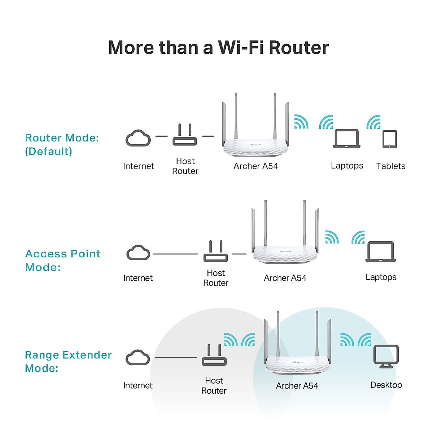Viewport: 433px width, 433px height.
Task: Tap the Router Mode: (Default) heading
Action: tap(62, 144)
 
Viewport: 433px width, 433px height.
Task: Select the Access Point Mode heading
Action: tap(63, 260)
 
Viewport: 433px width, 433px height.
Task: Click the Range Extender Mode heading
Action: tap(68, 361)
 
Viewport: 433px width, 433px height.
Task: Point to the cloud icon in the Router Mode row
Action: tap(138, 138)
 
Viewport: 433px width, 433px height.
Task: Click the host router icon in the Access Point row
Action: tap(215, 252)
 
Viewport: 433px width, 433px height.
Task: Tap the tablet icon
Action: tap(390, 139)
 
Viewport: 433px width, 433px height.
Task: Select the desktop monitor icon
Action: tap(386, 357)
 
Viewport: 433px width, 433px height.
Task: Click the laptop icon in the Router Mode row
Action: tap(346, 139)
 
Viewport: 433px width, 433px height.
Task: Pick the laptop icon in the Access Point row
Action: tap(381, 252)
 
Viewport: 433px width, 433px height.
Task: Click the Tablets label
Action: tap(391, 166)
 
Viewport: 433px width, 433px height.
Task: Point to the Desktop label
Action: tap(386, 385)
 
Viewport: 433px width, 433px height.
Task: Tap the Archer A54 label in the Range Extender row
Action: tap(297, 386)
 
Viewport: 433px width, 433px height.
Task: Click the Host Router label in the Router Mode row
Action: tap(185, 166)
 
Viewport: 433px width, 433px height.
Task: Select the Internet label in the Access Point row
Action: tap(138, 278)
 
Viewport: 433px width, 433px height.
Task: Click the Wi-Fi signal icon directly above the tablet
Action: tap(374, 123)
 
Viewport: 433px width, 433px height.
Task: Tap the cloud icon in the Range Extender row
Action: tap(138, 358)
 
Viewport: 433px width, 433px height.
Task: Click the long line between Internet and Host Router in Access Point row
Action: tap(175, 254)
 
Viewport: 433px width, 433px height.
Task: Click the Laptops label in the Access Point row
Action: tap(381, 277)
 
